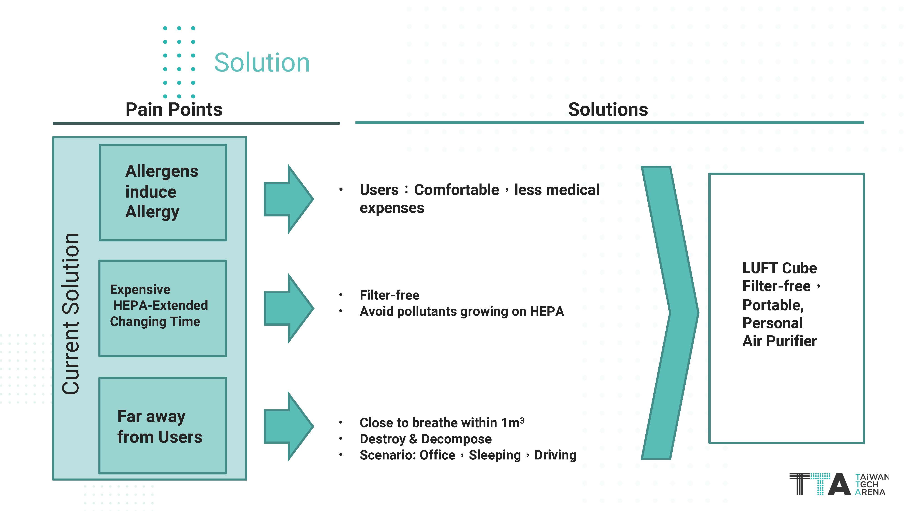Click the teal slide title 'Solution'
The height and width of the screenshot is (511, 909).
[x=262, y=63]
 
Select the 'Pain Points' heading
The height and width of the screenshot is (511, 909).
[x=174, y=109]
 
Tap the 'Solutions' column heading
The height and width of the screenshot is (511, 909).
[x=608, y=109]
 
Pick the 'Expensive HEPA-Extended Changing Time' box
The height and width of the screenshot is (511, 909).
[x=163, y=308]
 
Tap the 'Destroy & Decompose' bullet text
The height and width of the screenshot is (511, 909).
[x=425, y=439]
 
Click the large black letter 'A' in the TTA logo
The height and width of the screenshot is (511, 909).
[x=839, y=485]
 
